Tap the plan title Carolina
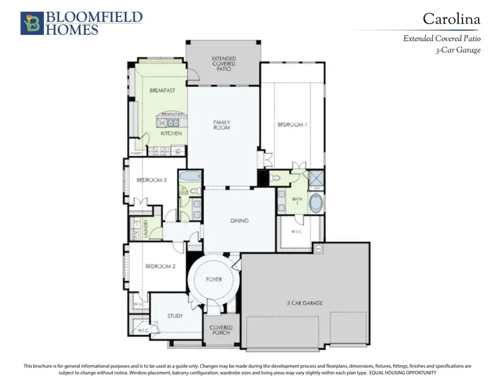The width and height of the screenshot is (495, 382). pyautogui.click(x=451, y=19)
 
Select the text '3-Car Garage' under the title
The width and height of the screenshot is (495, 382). pyautogui.click(x=457, y=51)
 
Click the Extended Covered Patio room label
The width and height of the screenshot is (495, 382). pyautogui.click(x=224, y=64)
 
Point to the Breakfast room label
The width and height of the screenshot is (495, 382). pyautogui.click(x=162, y=90)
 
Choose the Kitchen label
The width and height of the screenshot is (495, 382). pyautogui.click(x=170, y=134)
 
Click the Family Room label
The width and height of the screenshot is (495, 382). pyautogui.click(x=222, y=125)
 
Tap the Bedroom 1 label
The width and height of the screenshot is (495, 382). pyautogui.click(x=291, y=125)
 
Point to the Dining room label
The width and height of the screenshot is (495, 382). pyautogui.click(x=239, y=220)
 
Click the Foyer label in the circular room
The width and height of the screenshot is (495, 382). pyautogui.click(x=214, y=279)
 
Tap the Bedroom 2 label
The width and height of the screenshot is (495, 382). pyautogui.click(x=160, y=267)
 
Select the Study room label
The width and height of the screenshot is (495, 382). pyautogui.click(x=175, y=316)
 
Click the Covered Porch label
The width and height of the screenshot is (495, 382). pyautogui.click(x=221, y=331)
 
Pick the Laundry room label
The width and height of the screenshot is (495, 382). pyautogui.click(x=146, y=229)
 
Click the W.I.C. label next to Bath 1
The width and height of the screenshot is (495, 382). pyautogui.click(x=296, y=231)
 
